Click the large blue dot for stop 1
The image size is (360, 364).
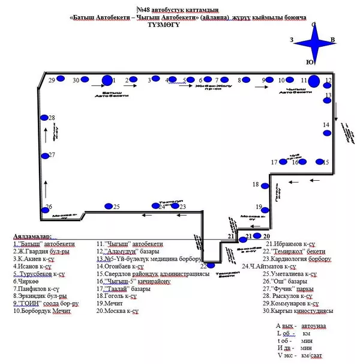click(x=107, y=80)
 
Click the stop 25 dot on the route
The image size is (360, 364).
click(x=109, y=207)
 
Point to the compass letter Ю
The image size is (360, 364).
click(x=309, y=62)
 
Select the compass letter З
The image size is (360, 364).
click(x=292, y=40)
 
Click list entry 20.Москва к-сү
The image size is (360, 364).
click(x=118, y=311)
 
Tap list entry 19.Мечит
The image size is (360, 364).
click(x=110, y=303)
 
